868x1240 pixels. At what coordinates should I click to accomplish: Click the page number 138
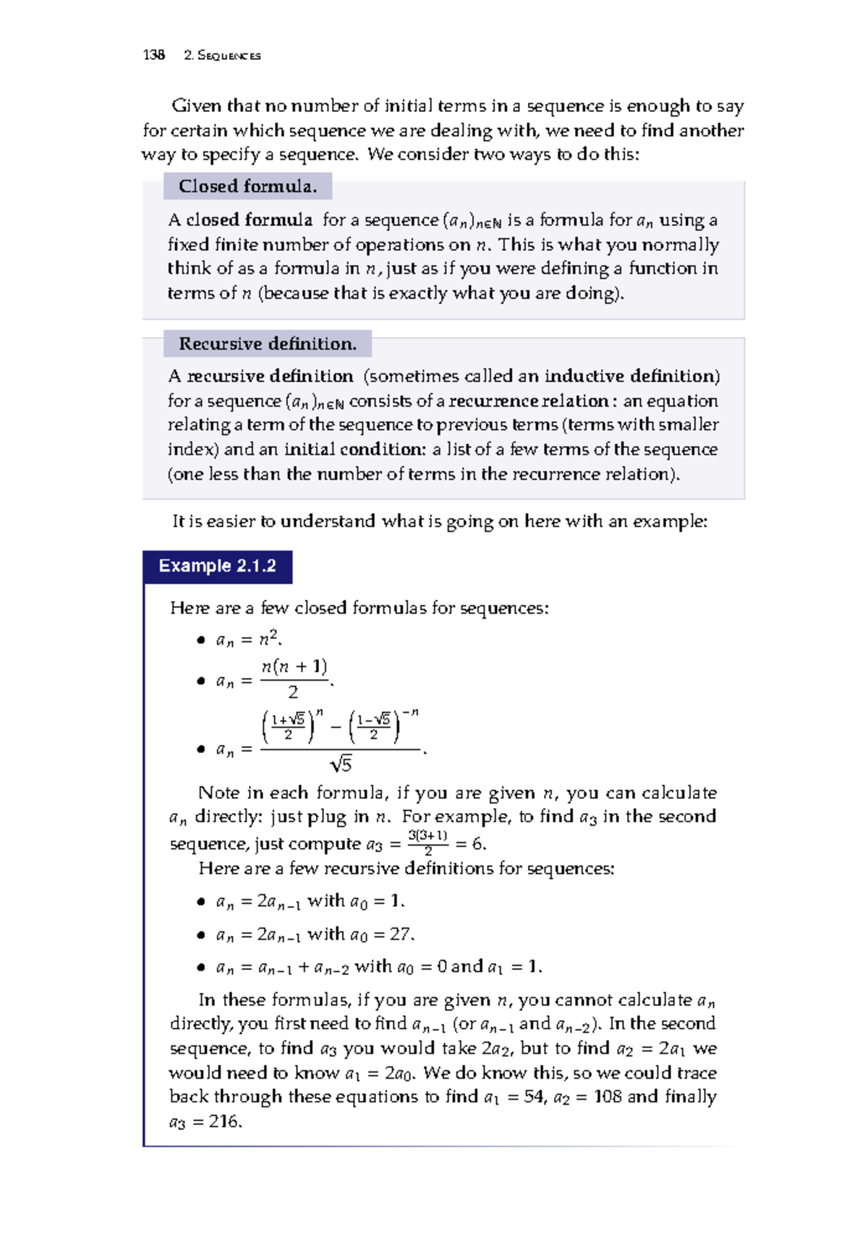(x=153, y=55)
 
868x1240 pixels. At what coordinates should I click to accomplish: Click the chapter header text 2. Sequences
(x=222, y=56)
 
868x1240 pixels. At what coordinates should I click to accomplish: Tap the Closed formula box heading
(x=247, y=187)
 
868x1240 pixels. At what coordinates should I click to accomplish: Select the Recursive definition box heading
(x=268, y=344)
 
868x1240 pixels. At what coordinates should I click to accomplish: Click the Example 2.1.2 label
(x=217, y=566)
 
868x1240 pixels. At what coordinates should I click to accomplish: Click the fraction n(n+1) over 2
(x=294, y=679)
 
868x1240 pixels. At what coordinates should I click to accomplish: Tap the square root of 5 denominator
(x=341, y=764)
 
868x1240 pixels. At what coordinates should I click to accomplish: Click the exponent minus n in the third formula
(x=410, y=713)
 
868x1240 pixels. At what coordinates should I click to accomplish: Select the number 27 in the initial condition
(x=400, y=934)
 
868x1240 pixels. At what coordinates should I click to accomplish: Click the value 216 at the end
(x=224, y=1121)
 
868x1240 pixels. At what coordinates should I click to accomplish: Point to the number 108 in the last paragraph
(x=607, y=1097)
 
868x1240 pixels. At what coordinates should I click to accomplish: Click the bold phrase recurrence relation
(x=529, y=401)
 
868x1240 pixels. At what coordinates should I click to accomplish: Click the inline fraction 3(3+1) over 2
(x=427, y=843)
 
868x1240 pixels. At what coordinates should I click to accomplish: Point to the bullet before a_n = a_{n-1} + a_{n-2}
(x=201, y=967)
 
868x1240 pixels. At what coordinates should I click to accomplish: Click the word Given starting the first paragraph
(x=196, y=106)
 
